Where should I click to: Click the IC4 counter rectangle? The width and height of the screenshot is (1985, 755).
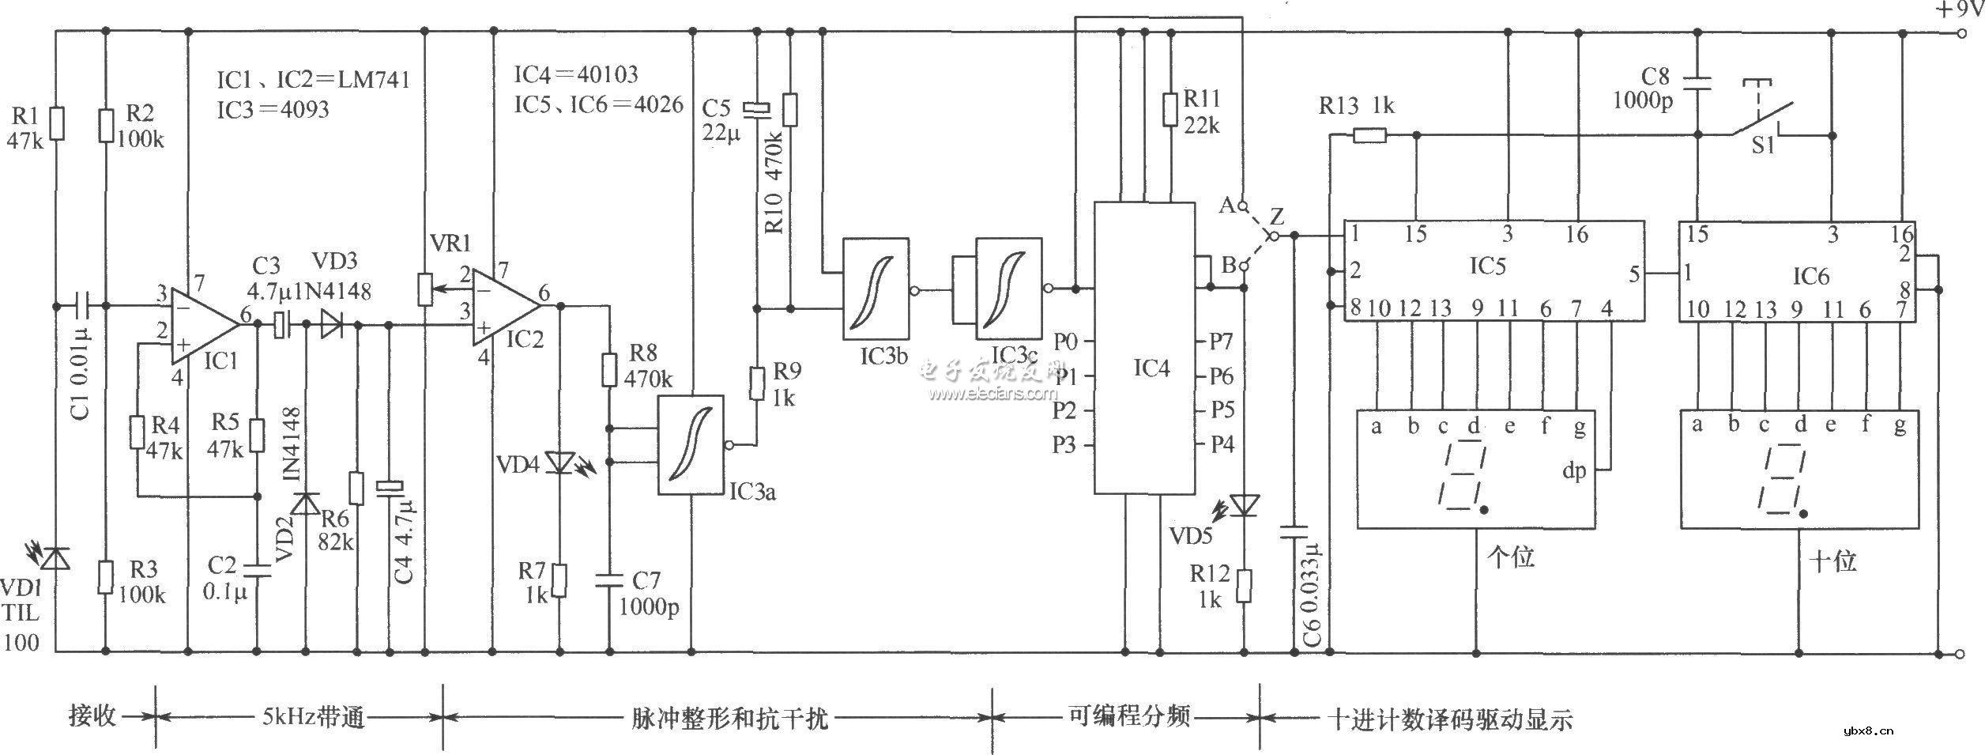point(1143,348)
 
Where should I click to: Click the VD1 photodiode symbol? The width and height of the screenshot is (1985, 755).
point(55,557)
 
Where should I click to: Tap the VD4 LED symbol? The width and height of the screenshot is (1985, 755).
point(560,462)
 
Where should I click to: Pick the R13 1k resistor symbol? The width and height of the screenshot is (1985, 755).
point(1369,136)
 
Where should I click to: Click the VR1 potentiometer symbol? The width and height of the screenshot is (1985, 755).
point(425,289)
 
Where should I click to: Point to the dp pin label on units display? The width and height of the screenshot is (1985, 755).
point(1574,472)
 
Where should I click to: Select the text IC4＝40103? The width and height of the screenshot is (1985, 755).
point(576,75)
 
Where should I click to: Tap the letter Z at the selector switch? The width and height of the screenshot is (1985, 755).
point(1277,216)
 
